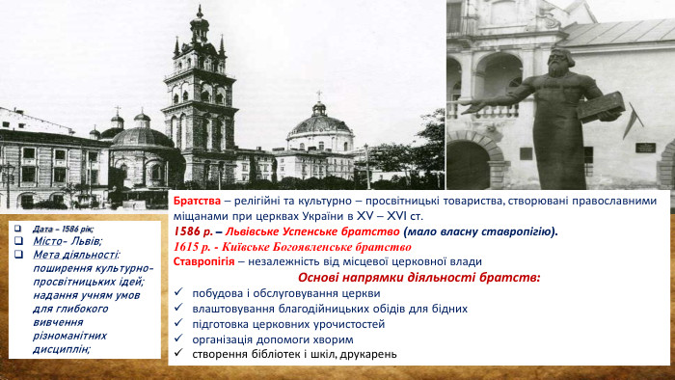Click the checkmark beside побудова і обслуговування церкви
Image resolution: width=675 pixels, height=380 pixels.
point(180,293)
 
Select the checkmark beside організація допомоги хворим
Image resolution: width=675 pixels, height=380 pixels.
point(180,339)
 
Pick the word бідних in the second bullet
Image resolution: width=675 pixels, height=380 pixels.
point(448,309)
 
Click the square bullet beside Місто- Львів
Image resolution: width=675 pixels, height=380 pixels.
point(24,241)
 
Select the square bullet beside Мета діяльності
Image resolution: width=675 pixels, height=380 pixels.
point(24,255)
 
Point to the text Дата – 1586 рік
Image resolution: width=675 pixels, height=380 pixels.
point(64,229)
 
